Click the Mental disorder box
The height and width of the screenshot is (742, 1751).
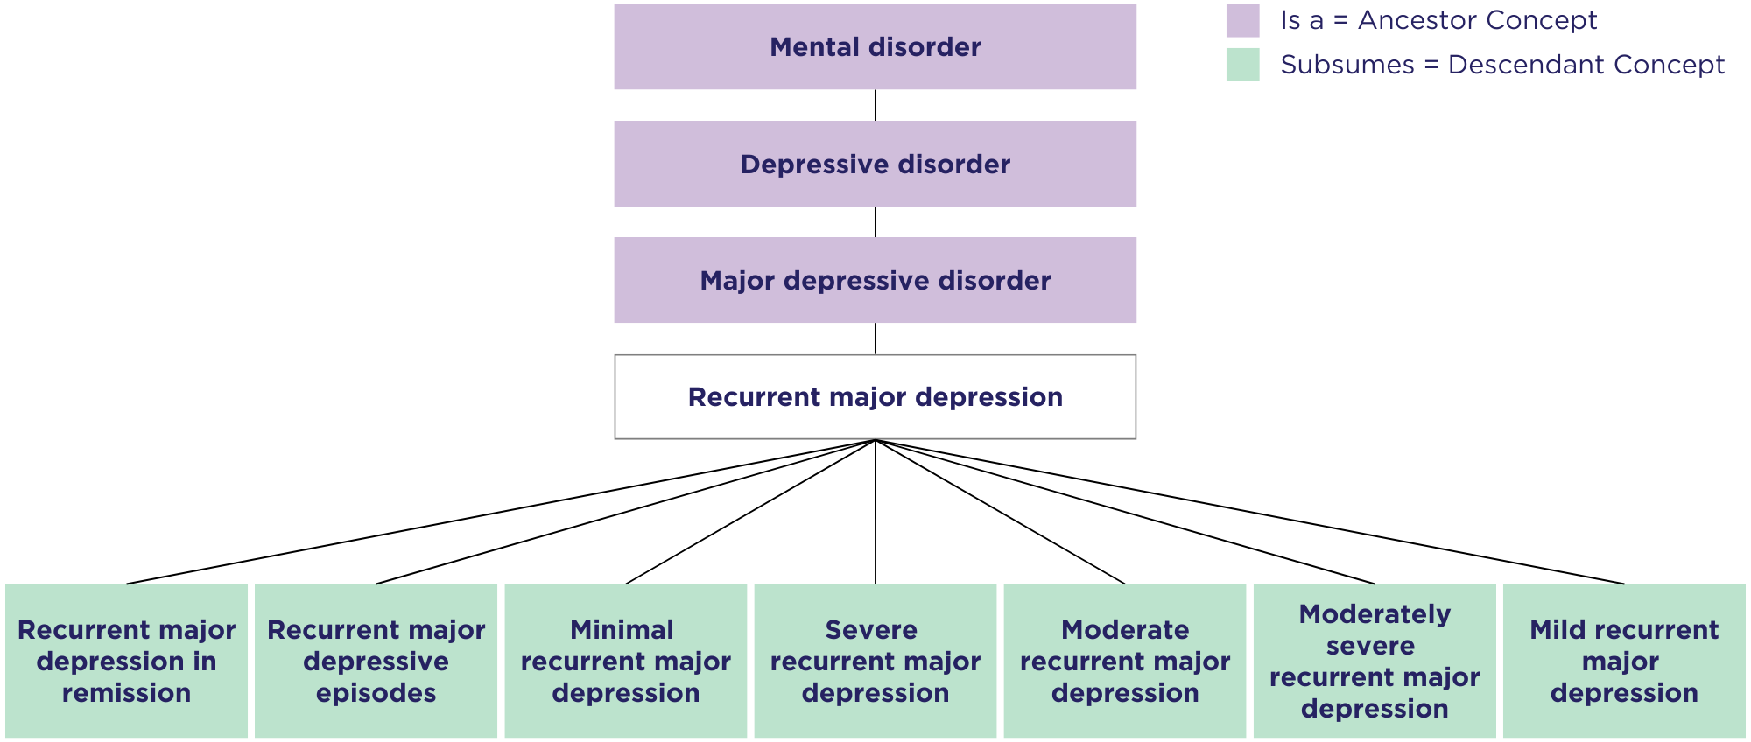click(x=875, y=47)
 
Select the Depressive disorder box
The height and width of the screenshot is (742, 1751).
click(x=875, y=164)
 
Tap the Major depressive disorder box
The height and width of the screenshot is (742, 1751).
click(x=875, y=280)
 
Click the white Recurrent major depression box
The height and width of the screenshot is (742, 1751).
click(x=875, y=397)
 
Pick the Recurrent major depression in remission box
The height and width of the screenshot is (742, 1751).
click(x=126, y=661)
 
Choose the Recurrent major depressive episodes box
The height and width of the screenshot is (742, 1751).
click(x=376, y=661)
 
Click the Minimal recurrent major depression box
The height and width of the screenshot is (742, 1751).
click(x=625, y=661)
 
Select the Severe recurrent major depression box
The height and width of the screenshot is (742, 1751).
click(x=875, y=661)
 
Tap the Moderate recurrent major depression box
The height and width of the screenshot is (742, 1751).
click(x=1124, y=661)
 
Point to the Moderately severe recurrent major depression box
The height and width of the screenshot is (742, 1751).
click(x=1375, y=661)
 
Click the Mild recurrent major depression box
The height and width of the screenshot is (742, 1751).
click(x=1624, y=661)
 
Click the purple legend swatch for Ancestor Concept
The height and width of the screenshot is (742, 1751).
click(x=1242, y=21)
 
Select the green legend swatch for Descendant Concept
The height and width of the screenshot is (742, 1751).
click(x=1242, y=65)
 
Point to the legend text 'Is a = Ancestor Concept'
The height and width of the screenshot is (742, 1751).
click(x=1438, y=21)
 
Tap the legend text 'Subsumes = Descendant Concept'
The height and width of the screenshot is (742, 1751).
click(x=1502, y=65)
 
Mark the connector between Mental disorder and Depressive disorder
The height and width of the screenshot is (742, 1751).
click(x=875, y=105)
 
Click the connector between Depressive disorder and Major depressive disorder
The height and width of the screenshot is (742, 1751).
click(x=875, y=221)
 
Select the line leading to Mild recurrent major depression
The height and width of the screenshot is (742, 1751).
click(x=1250, y=512)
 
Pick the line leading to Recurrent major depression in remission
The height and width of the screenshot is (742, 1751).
click(x=501, y=512)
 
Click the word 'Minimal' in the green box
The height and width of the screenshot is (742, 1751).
click(x=622, y=630)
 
